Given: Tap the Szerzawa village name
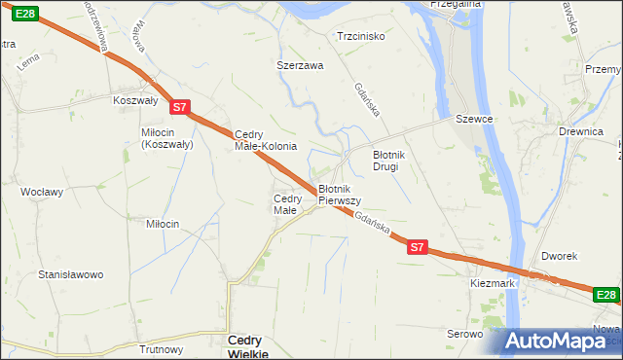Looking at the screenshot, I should (300, 66).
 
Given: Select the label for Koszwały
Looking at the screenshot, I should (134, 100).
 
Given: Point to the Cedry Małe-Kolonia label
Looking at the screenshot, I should (266, 140).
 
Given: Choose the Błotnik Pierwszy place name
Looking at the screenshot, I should (340, 194).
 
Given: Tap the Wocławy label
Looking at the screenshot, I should (43, 192).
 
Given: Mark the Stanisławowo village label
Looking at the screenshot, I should (70, 274).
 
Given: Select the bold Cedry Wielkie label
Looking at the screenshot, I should (249, 346).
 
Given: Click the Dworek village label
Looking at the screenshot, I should (561, 256).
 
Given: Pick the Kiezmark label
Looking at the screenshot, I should (492, 282).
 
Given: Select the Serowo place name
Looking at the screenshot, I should (465, 334).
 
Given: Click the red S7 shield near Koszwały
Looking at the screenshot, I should (179, 107).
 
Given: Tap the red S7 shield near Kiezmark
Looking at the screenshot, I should (417, 247).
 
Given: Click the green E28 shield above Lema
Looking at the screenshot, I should (26, 13).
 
